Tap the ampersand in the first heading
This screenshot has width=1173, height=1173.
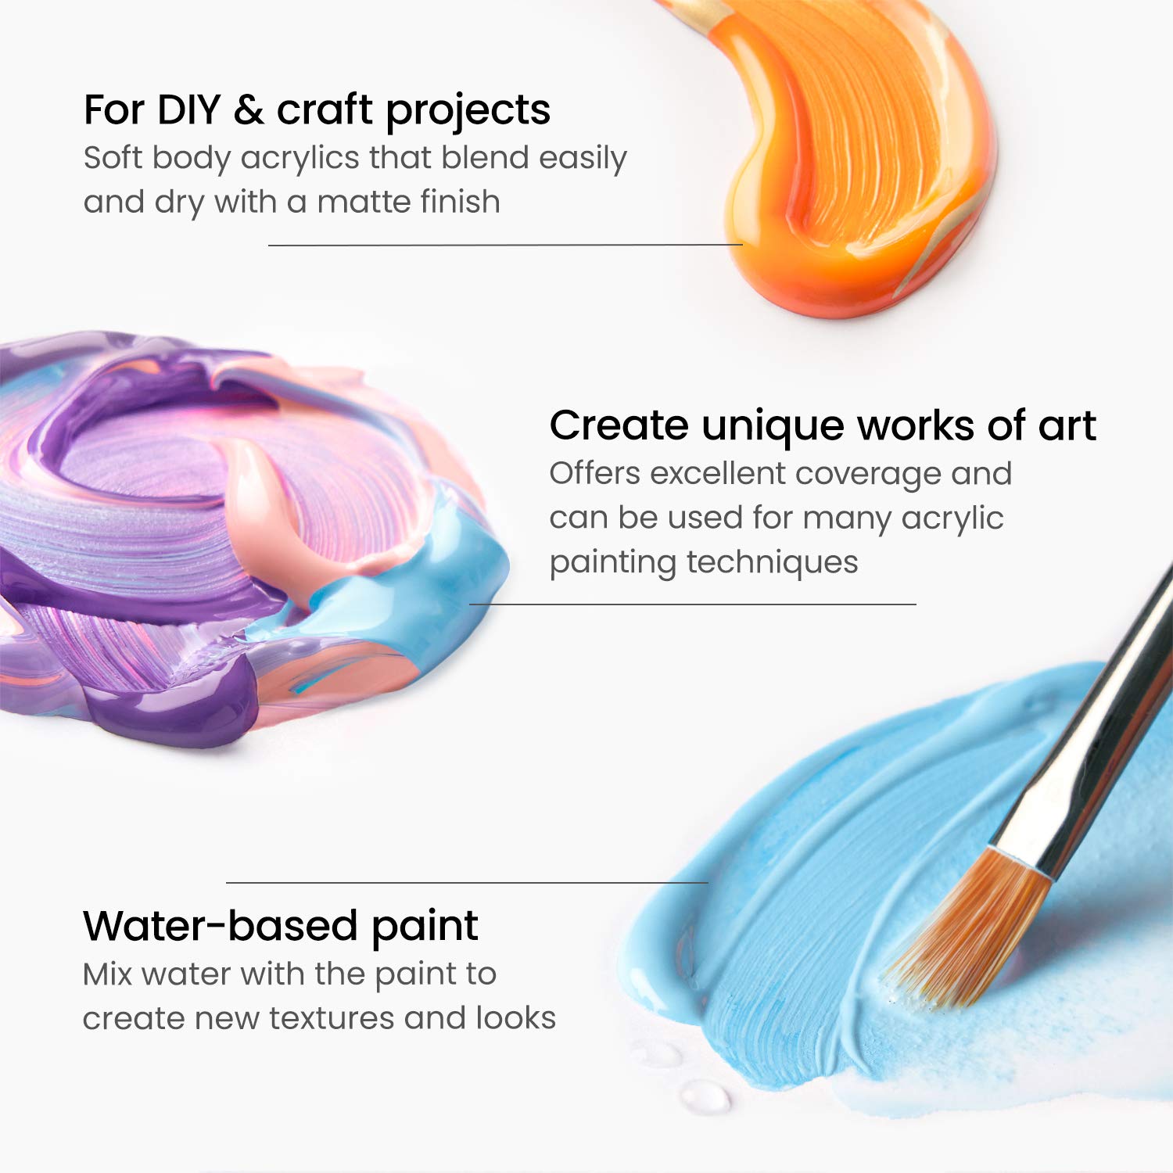click(248, 110)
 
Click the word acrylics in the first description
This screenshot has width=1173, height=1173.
click(300, 158)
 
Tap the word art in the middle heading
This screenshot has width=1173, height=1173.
click(1067, 426)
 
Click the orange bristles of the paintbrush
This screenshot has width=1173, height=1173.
click(970, 931)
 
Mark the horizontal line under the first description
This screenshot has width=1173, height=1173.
click(504, 245)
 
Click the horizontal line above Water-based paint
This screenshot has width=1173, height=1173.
click(467, 882)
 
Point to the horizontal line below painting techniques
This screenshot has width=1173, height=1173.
click(692, 604)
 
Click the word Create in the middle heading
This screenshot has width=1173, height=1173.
click(619, 426)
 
